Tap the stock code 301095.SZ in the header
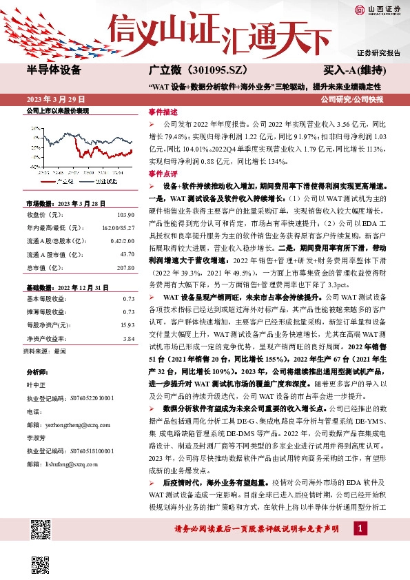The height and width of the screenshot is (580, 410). [x=207, y=70]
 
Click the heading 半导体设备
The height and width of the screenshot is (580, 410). [x=53, y=70]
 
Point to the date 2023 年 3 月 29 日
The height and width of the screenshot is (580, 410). [x=52, y=99]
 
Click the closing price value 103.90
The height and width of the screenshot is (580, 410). [x=125, y=216]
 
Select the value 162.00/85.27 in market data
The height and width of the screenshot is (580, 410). [x=119, y=226]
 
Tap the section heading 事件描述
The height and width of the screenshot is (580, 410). [x=163, y=110]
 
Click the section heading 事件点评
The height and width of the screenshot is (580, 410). [x=163, y=174]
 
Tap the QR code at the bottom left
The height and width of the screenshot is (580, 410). [x=41, y=531]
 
